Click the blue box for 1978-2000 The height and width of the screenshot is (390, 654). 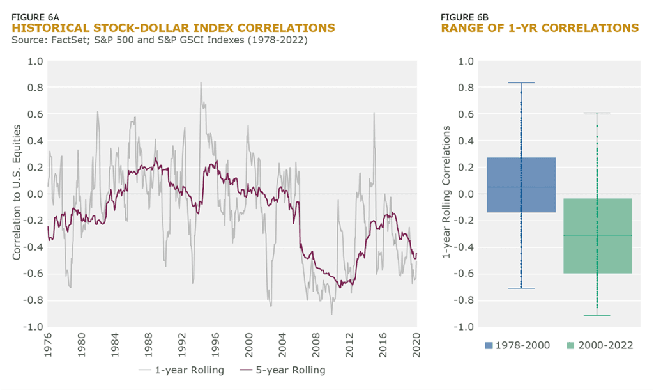(521, 185)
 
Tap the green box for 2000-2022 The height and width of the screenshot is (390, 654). (597, 236)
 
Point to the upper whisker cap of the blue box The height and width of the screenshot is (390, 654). (521, 83)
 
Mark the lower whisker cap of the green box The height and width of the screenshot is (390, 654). (597, 315)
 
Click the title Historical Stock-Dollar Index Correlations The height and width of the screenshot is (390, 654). (173, 28)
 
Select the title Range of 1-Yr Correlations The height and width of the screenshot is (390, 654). (540, 28)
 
